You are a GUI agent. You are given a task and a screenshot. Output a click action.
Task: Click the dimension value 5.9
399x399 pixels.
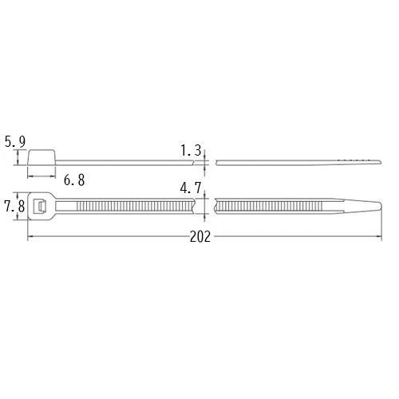(15, 142)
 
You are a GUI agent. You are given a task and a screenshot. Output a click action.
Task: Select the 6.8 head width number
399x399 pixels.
(73, 181)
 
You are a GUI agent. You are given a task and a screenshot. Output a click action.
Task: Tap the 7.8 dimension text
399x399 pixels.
(15, 207)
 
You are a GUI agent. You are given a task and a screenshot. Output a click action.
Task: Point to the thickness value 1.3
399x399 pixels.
(191, 149)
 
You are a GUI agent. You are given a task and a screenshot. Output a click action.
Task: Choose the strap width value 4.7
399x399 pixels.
(191, 189)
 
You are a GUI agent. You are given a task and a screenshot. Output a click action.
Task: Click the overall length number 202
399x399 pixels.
(202, 237)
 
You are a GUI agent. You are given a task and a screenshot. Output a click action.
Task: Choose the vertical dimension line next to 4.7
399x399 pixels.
(207, 207)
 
